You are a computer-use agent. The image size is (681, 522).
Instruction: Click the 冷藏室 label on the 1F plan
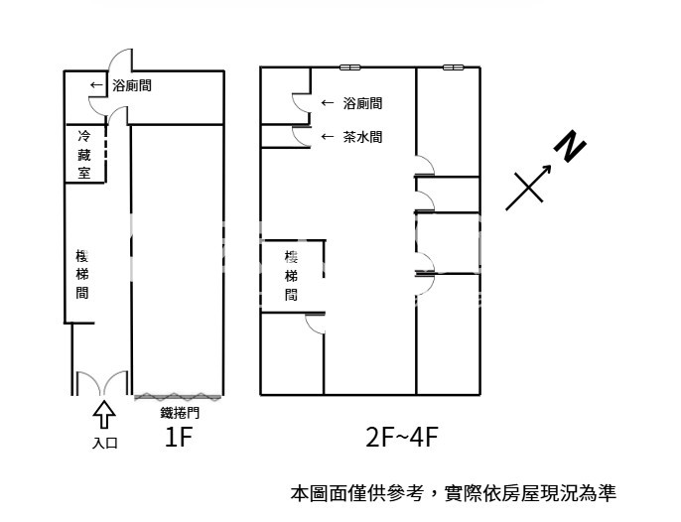(84, 154)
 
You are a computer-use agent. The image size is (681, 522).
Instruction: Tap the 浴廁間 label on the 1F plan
(132, 85)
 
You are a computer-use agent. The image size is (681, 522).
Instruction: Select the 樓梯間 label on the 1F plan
(82, 273)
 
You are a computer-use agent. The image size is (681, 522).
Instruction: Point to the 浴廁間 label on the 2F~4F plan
(362, 102)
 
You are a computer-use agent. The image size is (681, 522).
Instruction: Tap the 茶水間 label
(362, 137)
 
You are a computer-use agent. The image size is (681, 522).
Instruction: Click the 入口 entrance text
(104, 443)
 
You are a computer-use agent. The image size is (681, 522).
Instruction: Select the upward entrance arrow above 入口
(104, 412)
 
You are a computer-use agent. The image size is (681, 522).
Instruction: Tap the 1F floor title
(178, 438)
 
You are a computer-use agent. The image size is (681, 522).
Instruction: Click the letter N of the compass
(570, 146)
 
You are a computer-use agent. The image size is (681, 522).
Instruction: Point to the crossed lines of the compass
(528, 186)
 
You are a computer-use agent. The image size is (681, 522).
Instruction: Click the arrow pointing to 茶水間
(327, 137)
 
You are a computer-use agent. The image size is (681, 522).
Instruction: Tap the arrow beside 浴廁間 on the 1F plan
(96, 85)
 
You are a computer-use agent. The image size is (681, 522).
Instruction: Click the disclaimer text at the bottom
(453, 492)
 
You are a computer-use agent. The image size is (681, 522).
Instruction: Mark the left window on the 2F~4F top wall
(349, 67)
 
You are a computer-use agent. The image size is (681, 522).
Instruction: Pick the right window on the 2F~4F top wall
(453, 67)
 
